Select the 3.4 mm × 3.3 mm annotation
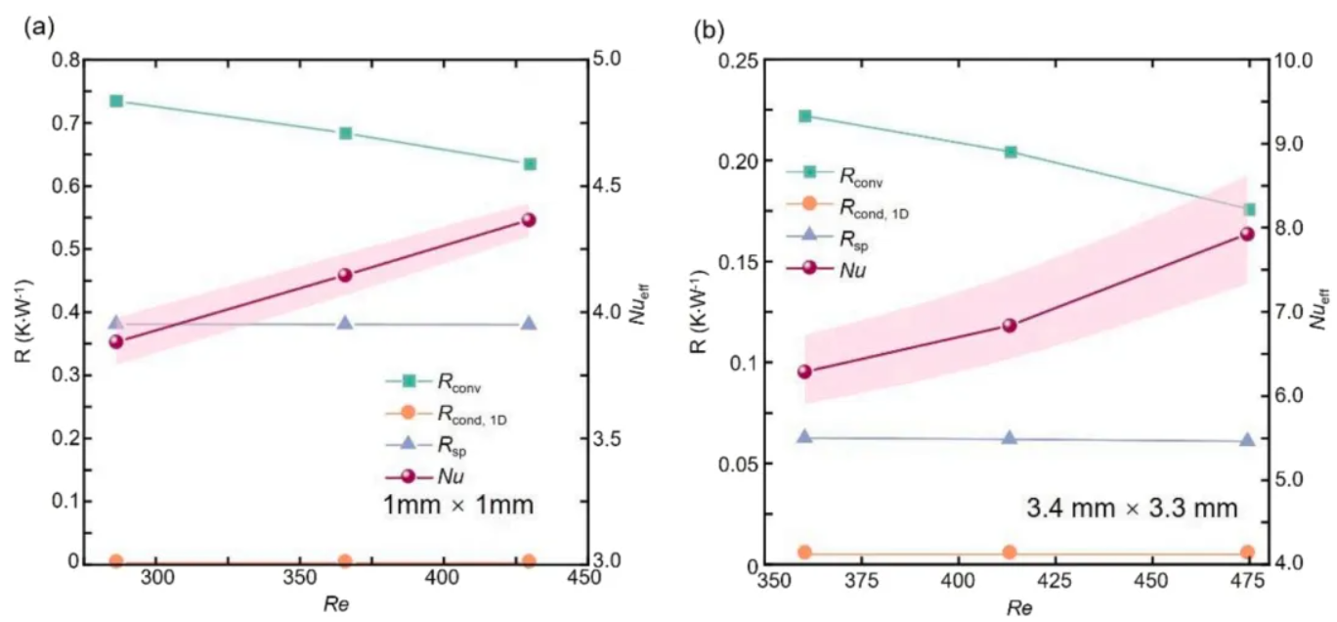coord(1132,509)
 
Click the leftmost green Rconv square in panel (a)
coord(116,101)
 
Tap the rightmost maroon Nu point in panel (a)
coord(529,220)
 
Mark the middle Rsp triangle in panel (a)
coord(345,323)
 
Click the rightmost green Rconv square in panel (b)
coord(1248,209)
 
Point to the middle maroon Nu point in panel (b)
coord(1010,326)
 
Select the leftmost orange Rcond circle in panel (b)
coord(804,553)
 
